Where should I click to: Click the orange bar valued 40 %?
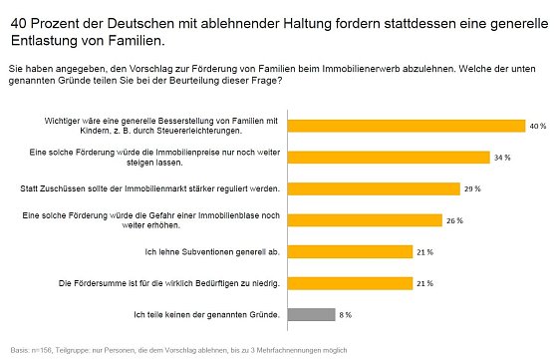[x=406, y=126]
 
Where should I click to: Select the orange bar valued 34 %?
[x=389, y=157]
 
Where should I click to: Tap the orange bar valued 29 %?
[x=373, y=187]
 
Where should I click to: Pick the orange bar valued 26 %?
[x=365, y=219]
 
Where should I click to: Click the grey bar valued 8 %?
[x=310, y=314]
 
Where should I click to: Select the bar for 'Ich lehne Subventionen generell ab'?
[x=350, y=251]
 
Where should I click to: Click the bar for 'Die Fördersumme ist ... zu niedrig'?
[x=350, y=282]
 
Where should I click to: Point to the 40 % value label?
[x=538, y=126]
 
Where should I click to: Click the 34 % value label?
[x=503, y=157]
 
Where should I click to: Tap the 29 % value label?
[x=472, y=187]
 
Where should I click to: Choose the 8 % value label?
[x=345, y=314]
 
